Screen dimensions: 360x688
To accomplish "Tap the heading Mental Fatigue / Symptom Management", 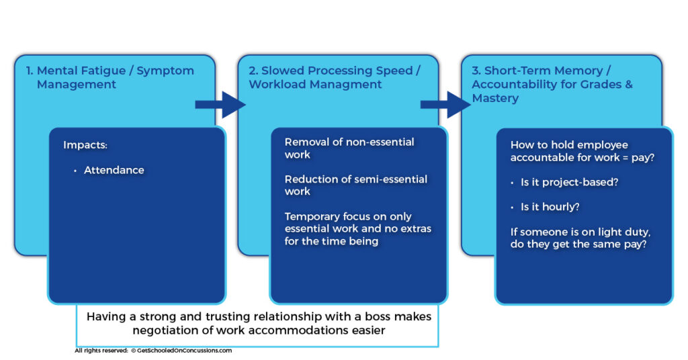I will tap(115, 77).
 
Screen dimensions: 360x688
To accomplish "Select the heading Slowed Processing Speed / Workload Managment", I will tap(335, 77).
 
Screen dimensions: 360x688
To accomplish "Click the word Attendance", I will tap(114, 171).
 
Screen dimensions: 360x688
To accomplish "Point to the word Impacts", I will tap(85, 145).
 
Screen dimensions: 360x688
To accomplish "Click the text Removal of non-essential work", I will tap(349, 148).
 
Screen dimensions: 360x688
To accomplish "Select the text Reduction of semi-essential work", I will tap(355, 185).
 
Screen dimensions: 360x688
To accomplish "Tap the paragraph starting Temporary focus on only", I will tap(357, 229).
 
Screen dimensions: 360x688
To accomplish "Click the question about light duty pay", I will tap(578, 238).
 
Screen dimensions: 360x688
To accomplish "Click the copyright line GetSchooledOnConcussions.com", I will tap(153, 351).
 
